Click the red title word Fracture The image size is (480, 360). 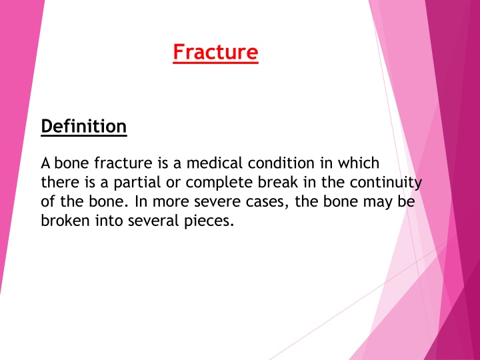(215, 53)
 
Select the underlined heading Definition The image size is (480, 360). (84, 127)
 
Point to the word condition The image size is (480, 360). (281, 163)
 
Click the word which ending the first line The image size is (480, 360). (359, 163)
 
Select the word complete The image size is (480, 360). (219, 183)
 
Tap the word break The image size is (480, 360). (278, 182)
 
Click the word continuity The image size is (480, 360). (386, 183)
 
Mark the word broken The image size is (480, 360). (65, 221)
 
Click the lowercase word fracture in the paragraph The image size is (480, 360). (123, 163)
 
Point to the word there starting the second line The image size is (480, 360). (59, 182)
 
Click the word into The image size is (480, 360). (109, 221)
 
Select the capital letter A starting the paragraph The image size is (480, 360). (45, 163)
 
